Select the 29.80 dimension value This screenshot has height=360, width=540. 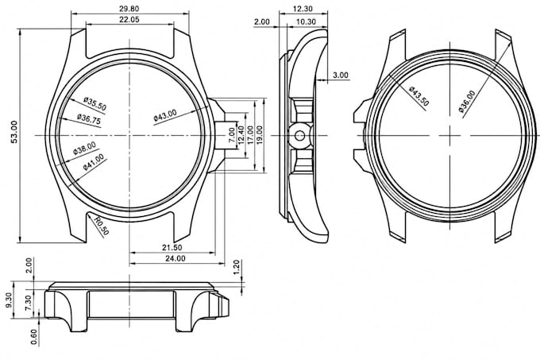pyautogui.click(x=129, y=9)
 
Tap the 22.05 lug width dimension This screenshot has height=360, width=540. pyautogui.click(x=129, y=19)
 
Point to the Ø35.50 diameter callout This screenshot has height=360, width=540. pyautogui.click(x=95, y=104)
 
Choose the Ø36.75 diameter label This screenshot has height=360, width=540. pyautogui.click(x=89, y=119)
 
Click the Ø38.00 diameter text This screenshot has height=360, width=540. pyautogui.click(x=84, y=148)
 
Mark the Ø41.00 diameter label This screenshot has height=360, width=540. pyautogui.click(x=94, y=162)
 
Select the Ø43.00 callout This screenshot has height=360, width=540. pyautogui.click(x=165, y=115)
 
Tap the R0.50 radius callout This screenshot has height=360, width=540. pyautogui.click(x=102, y=226)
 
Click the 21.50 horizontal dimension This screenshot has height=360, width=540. pyautogui.click(x=172, y=247)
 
